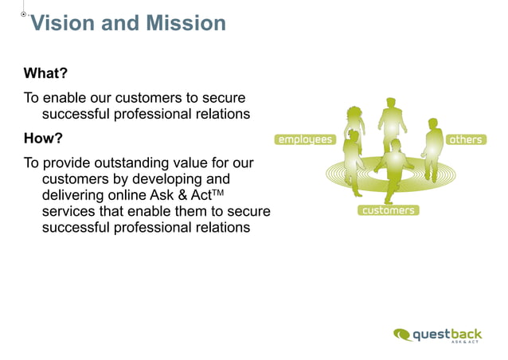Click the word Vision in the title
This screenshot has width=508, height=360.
[63, 23]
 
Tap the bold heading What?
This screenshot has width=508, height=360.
[45, 74]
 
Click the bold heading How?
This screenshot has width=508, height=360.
[43, 139]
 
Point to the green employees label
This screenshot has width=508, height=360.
[304, 139]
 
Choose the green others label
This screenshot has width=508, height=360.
[466, 139]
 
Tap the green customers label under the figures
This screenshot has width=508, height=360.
[388, 210]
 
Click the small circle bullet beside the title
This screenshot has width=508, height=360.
[24, 14]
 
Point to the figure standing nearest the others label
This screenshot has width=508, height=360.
[432, 148]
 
